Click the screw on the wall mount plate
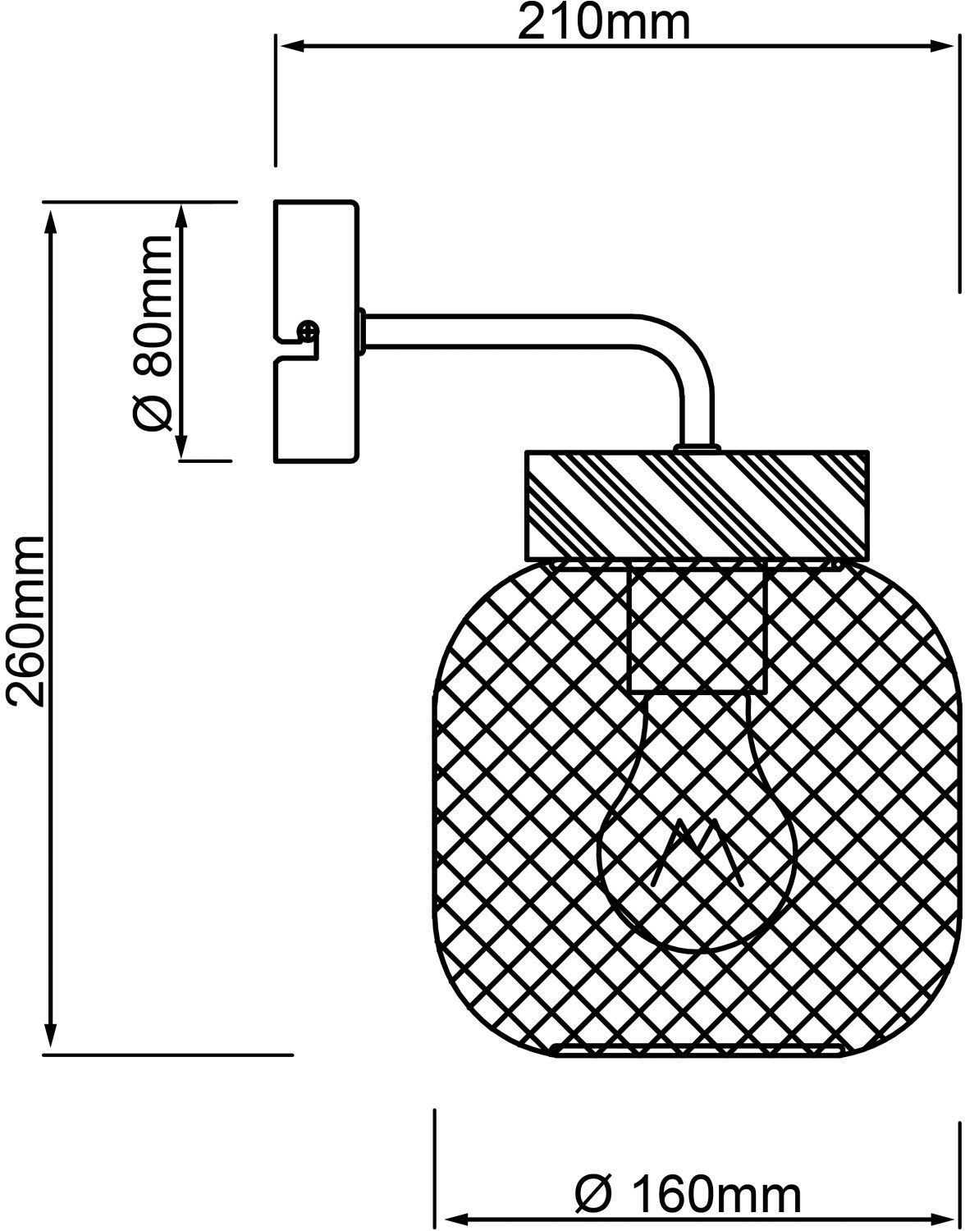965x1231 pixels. click(x=309, y=332)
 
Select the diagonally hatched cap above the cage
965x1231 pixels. click(x=697, y=504)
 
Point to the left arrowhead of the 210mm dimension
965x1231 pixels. click(x=287, y=46)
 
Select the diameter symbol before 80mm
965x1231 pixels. click(x=153, y=410)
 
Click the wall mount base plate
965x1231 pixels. click(x=316, y=263)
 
